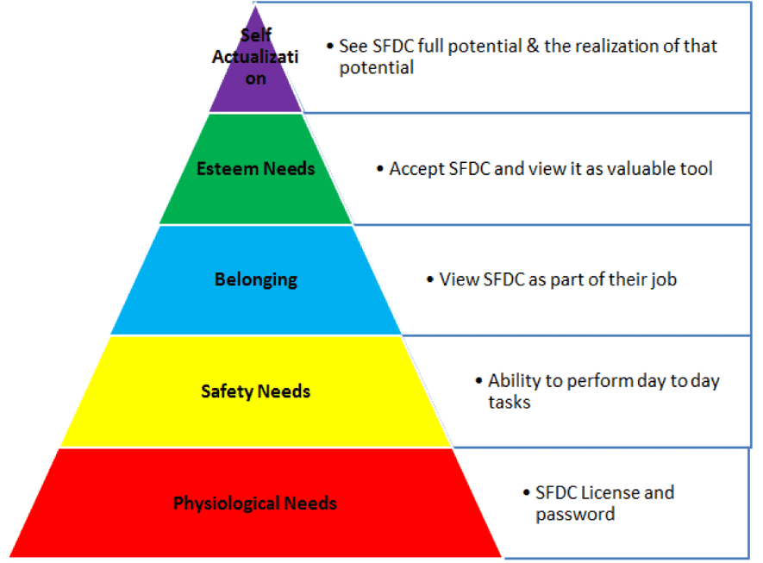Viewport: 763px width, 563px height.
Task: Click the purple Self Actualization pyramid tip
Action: pos(255,86)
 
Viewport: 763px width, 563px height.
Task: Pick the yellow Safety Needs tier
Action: pos(256,414)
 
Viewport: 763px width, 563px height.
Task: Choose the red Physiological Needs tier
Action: pos(256,526)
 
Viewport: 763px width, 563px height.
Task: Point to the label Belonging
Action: pos(256,279)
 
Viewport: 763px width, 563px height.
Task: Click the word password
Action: pos(575,515)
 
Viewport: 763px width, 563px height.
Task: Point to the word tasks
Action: pos(510,402)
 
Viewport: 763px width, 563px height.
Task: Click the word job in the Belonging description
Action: pos(662,279)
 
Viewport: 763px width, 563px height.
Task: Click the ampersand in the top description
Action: pos(530,46)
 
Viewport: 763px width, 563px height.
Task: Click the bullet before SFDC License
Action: pos(527,493)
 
